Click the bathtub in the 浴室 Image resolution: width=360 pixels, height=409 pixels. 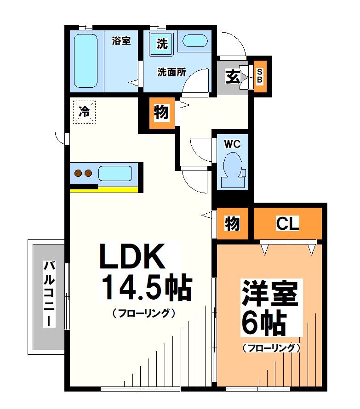click(x=86, y=60)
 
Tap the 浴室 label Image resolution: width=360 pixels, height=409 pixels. click(x=122, y=41)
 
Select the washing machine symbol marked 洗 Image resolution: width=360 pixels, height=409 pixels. click(x=161, y=44)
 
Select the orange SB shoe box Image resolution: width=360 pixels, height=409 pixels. click(x=259, y=77)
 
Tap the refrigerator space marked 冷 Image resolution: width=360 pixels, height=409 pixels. click(x=84, y=112)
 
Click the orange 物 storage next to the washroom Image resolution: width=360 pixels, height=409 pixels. click(x=161, y=113)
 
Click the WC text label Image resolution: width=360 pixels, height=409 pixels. click(x=232, y=144)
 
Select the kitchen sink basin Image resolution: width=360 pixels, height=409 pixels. click(x=114, y=174)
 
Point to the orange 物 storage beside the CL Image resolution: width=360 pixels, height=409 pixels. click(x=233, y=224)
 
